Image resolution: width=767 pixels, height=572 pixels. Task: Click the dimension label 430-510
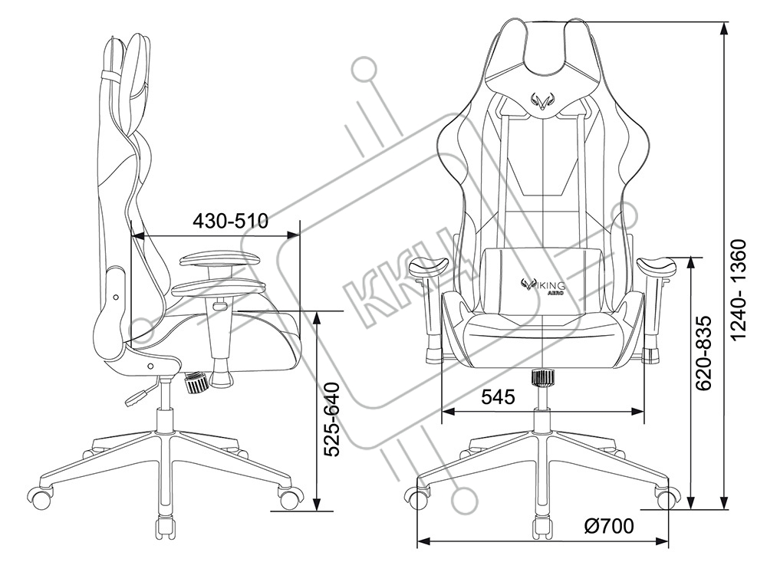click(x=229, y=222)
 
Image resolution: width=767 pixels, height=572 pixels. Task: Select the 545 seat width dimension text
click(x=498, y=396)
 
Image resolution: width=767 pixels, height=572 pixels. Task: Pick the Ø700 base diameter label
click(x=608, y=527)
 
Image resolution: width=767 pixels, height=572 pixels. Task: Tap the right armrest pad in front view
click(x=657, y=268)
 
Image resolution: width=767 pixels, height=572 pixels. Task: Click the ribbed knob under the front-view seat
click(x=543, y=378)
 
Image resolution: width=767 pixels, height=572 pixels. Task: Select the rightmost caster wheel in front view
click(x=664, y=498)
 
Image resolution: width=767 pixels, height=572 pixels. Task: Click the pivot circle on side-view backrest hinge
click(x=116, y=296)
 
